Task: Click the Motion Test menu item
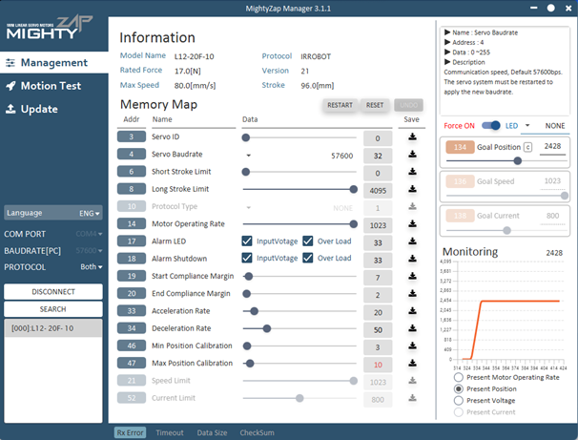pos(45,86)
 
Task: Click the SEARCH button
pos(53,309)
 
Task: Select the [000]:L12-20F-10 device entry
pos(53,327)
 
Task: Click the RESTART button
pos(340,105)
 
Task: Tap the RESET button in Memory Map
pos(375,105)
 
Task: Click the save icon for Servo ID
pos(412,137)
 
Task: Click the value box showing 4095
pos(378,189)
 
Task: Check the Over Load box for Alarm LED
pos(308,241)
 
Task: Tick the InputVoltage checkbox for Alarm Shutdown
pos(248,258)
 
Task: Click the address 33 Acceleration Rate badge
pos(132,311)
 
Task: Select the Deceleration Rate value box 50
pos(378,328)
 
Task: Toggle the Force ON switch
pos(492,125)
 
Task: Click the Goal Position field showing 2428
pos(551,146)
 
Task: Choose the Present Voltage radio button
pos(460,401)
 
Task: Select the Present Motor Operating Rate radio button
pos(460,377)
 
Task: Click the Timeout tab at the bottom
pos(170,432)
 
